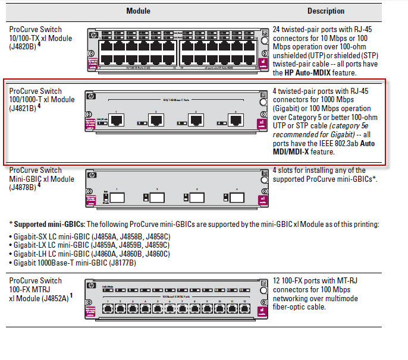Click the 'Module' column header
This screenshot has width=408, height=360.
(x=138, y=11)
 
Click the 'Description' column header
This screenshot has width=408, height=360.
(x=325, y=11)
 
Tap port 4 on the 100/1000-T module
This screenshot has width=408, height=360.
(x=236, y=121)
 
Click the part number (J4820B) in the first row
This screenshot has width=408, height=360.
(x=23, y=47)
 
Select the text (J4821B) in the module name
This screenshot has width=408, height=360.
(x=23, y=108)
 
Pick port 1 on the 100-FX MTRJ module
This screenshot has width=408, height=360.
(x=105, y=310)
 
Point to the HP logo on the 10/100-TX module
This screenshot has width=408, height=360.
(x=91, y=34)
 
